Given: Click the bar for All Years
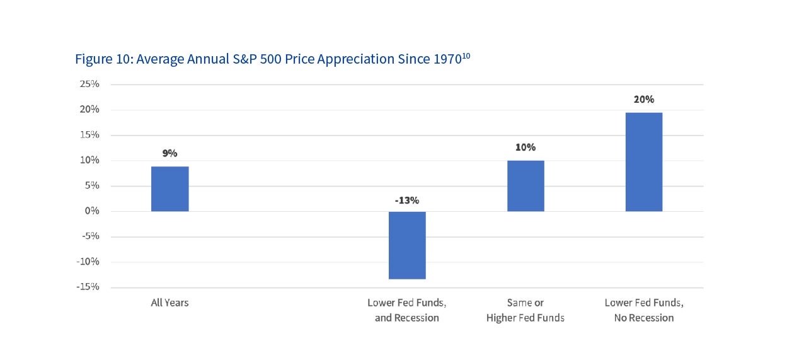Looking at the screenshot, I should pyautogui.click(x=169, y=189).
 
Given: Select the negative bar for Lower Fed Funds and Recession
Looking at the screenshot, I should pyautogui.click(x=407, y=245).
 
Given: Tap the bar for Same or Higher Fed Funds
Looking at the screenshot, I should pyautogui.click(x=525, y=186).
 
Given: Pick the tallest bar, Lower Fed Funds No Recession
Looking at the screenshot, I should pyautogui.click(x=644, y=162).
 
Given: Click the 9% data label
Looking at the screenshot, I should pyautogui.click(x=169, y=153).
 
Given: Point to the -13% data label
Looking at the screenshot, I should pyautogui.click(x=407, y=200).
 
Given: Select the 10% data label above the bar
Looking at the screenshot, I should pyautogui.click(x=525, y=148).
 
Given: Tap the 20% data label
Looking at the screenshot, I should pyautogui.click(x=644, y=100).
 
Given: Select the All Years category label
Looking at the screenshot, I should pyautogui.click(x=169, y=303).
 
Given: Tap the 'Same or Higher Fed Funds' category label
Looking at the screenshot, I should pyautogui.click(x=525, y=310).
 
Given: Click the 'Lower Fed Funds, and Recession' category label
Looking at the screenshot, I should pyautogui.click(x=407, y=310).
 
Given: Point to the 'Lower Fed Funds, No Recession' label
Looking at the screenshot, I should pyautogui.click(x=644, y=310).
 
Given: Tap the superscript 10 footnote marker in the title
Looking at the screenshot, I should pyautogui.click(x=466, y=55).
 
